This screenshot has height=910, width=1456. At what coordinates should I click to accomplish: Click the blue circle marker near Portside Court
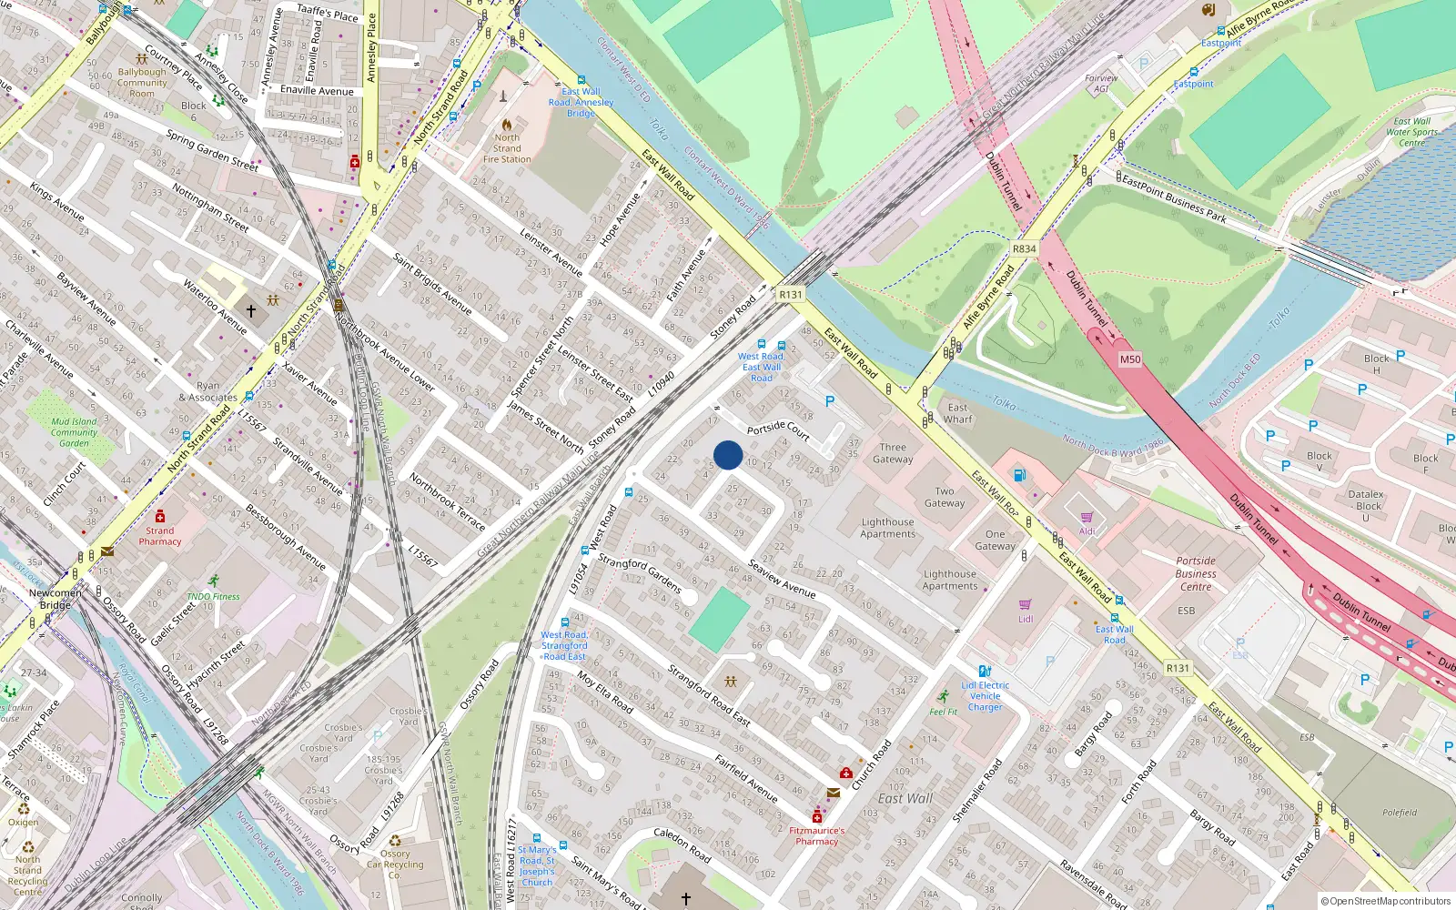pos(728,455)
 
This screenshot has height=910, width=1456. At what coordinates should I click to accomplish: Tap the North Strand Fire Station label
pos(507,148)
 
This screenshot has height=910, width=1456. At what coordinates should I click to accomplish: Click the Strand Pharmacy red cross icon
pos(160,516)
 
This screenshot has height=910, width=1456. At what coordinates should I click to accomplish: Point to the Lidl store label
pos(1026,619)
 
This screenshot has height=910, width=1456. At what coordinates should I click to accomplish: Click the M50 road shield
pos(1129,359)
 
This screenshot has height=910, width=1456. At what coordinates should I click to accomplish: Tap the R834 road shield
pos(1024,248)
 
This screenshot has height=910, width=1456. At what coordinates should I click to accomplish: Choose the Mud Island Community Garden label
pos(74,432)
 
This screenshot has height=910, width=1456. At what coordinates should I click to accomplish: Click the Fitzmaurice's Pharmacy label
pos(816,835)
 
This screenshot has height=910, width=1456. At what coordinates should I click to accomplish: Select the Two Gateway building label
pos(945,497)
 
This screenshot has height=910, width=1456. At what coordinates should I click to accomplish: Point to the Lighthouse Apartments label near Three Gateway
pos(887,528)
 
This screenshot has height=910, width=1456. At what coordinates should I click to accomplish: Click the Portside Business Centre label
pos(1195,573)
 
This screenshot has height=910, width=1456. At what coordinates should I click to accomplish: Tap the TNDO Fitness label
pos(213,597)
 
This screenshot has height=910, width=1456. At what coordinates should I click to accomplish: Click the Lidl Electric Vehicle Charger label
pos(985,696)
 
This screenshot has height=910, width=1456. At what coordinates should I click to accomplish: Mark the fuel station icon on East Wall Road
pos(1019,474)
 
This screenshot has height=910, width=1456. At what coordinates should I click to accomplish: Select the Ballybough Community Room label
pos(142,82)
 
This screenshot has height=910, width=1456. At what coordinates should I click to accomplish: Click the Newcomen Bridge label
pos(55,599)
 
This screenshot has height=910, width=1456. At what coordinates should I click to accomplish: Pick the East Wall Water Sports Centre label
pos(1411,132)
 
